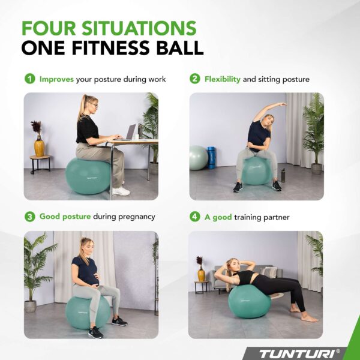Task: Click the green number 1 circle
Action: pyautogui.click(x=29, y=79)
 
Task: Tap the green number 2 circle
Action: pyautogui.click(x=195, y=79)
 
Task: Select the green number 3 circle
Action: pyautogui.click(x=29, y=217)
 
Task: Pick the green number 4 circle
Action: pyautogui.click(x=195, y=217)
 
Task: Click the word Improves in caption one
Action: pyautogui.click(x=57, y=79)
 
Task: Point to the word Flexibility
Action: pyautogui.click(x=223, y=79)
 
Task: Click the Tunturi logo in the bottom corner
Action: pyautogui.click(x=307, y=352)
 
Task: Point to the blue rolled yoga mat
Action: pyautogui.click(x=211, y=157)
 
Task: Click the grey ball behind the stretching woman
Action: pyautogui.click(x=198, y=158)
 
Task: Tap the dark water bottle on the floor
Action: pyautogui.click(x=283, y=175)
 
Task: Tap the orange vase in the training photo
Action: pyautogui.click(x=200, y=274)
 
